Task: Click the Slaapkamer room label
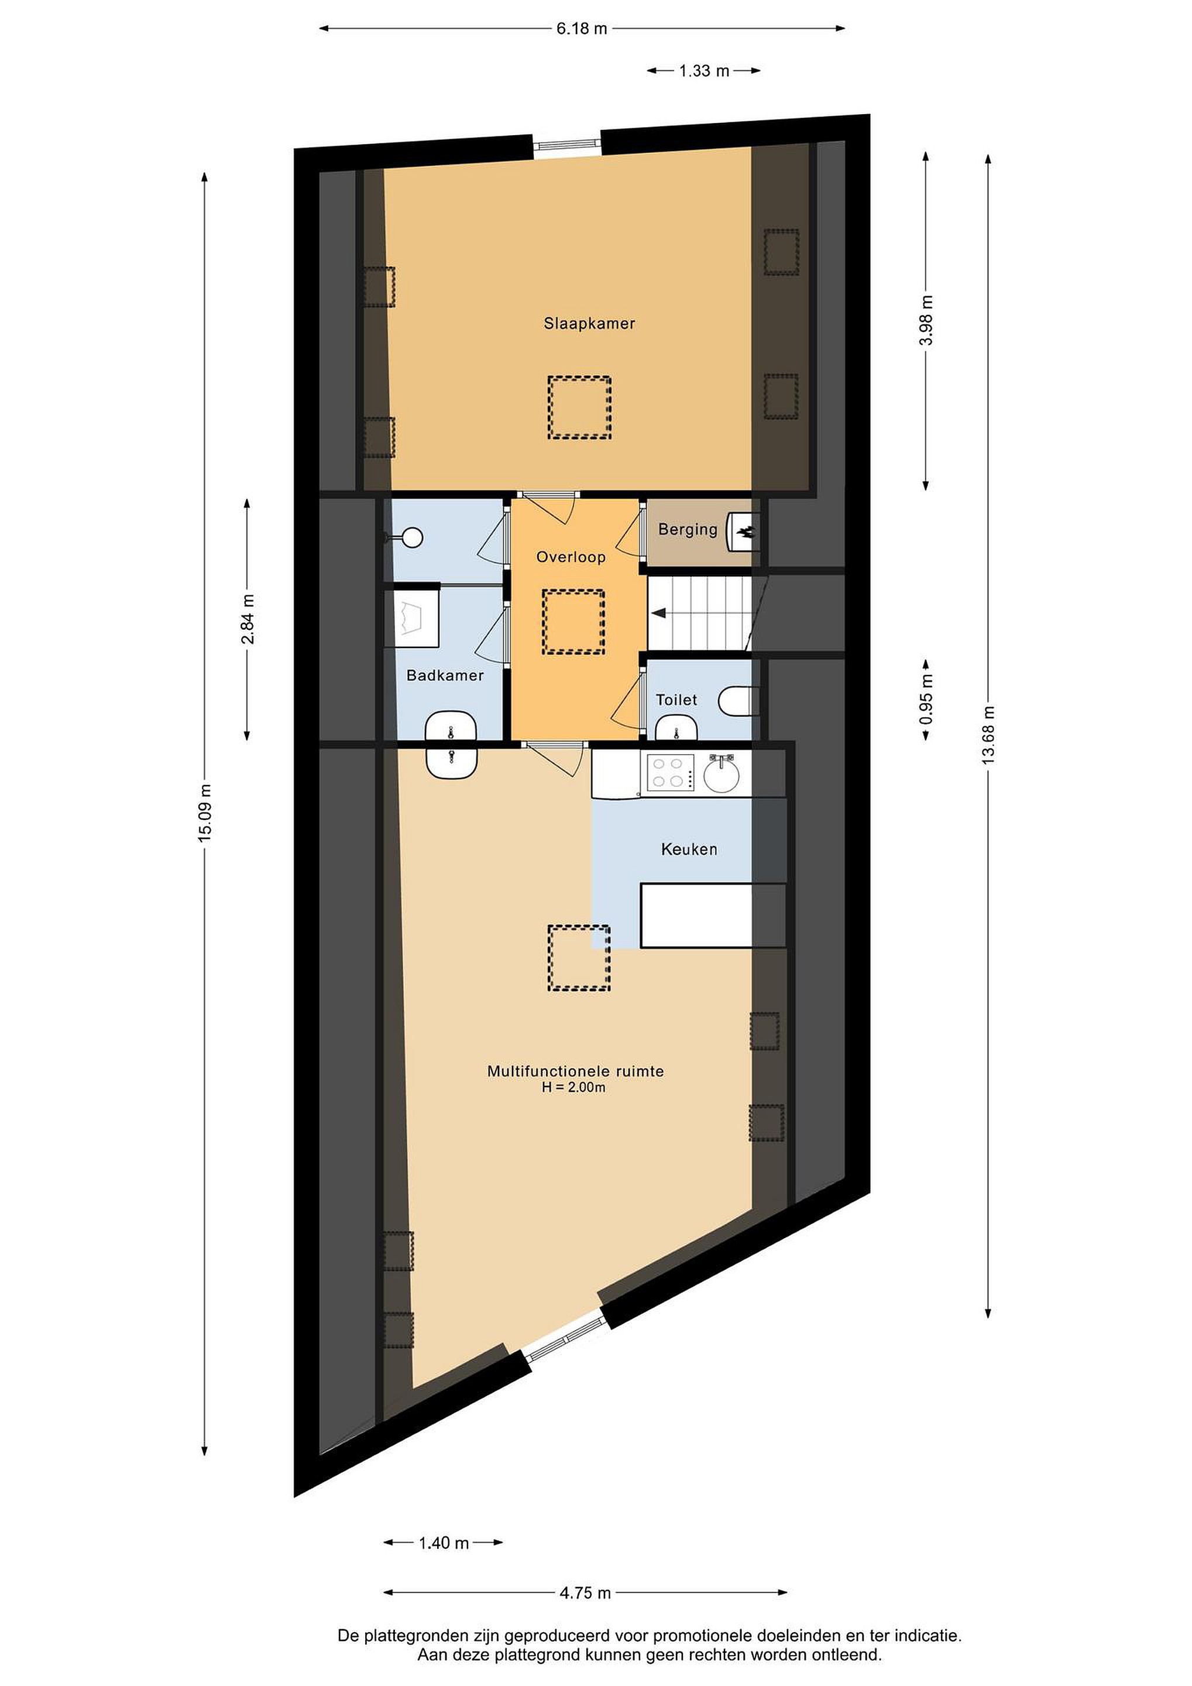tap(589, 323)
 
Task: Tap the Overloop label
tap(571, 557)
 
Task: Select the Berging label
tap(688, 529)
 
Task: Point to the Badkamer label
tap(445, 675)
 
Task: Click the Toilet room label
tap(676, 700)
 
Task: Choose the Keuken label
tap(689, 849)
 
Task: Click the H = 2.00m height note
tap(574, 1088)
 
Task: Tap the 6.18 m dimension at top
tap(582, 29)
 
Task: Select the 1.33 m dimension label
tap(704, 70)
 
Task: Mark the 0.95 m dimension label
tap(926, 699)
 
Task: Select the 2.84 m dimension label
tap(248, 619)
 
